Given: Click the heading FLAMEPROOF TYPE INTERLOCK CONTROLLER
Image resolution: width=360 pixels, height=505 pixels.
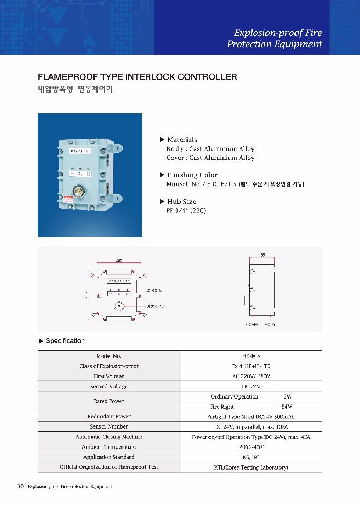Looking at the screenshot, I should (137, 77).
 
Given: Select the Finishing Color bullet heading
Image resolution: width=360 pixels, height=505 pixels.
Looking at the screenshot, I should (192, 175).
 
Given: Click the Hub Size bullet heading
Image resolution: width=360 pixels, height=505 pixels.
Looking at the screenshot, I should (182, 202).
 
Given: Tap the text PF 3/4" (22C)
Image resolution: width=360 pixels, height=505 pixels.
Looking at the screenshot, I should (186, 210).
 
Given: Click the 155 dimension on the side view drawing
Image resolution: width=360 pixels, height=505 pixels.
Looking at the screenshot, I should (262, 254).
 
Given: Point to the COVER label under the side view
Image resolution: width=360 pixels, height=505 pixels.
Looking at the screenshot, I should (252, 325).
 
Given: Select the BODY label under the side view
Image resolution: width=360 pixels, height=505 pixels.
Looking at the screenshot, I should (270, 325).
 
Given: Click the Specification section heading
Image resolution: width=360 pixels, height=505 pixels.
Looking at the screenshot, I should (65, 341).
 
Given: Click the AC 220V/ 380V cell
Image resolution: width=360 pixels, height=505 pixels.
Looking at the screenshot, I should (251, 376).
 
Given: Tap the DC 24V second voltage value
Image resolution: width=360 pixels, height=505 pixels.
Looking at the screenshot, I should (251, 387).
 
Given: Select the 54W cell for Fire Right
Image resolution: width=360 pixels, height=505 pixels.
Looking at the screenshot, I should (287, 407).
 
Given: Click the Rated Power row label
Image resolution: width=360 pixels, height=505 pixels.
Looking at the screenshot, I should (109, 401).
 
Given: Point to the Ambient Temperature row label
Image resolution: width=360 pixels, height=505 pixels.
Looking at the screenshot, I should (109, 447).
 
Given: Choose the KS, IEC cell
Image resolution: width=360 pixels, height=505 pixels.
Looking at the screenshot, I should (251, 457).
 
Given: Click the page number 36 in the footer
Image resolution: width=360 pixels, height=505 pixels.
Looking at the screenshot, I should (20, 486).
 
